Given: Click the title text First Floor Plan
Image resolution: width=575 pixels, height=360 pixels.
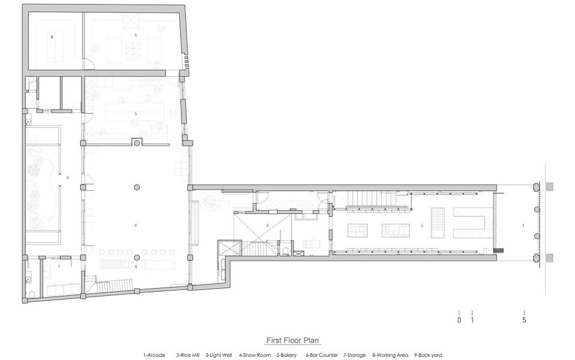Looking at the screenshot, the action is pyautogui.click(x=292, y=340).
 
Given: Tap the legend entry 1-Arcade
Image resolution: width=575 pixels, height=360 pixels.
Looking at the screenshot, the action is pyautogui.click(x=154, y=355).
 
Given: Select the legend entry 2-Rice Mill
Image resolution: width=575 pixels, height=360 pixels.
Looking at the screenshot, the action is pyautogui.click(x=187, y=355).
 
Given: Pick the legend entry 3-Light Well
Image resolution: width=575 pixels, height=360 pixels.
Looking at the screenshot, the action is pyautogui.click(x=219, y=355).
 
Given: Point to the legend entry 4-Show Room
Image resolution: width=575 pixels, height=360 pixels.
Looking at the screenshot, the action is pyautogui.click(x=255, y=355).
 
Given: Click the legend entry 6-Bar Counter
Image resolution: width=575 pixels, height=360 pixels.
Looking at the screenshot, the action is pyautogui.click(x=322, y=355).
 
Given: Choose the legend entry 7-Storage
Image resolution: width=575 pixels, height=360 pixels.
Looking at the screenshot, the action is pyautogui.click(x=355, y=355).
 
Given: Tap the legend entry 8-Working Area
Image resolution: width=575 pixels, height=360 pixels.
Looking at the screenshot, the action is pyautogui.click(x=390, y=355).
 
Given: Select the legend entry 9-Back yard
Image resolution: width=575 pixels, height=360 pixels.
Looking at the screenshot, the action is pyautogui.click(x=428, y=355).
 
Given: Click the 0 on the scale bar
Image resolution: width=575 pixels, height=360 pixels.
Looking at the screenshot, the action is pyautogui.click(x=459, y=320).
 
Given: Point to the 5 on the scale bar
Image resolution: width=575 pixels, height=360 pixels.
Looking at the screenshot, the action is pyautogui.click(x=525, y=320).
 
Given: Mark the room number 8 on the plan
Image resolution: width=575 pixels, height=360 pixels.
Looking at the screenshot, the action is pyautogui.click(x=52, y=37).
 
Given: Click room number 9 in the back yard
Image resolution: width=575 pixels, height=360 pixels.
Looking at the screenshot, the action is pyautogui.click(x=68, y=177).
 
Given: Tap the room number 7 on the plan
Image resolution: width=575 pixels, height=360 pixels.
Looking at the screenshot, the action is pyautogui.click(x=59, y=267).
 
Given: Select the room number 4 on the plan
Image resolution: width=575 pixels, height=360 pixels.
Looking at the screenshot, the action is pyautogui.click(x=136, y=225).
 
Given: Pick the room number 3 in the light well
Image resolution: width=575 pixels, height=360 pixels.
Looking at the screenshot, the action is pyautogui.click(x=267, y=225).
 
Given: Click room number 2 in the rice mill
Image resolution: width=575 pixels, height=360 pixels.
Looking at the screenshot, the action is pyautogui.click(x=422, y=225).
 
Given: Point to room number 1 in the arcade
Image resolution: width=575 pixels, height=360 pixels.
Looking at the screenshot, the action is pyautogui.click(x=523, y=225).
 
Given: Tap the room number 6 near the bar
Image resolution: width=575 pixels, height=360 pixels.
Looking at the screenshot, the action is pyautogui.click(x=136, y=267).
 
